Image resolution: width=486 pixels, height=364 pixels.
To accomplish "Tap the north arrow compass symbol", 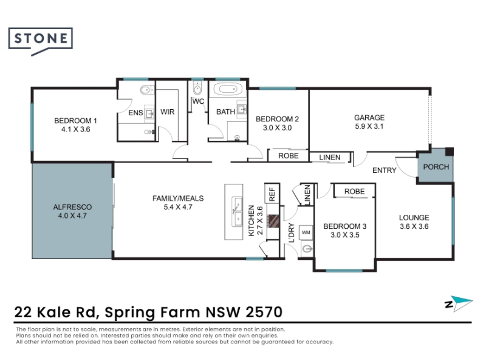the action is click(x=459, y=303).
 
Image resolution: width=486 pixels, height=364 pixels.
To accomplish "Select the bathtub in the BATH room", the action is click(x=227, y=89).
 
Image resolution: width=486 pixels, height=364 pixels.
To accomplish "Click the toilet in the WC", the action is click(x=197, y=88).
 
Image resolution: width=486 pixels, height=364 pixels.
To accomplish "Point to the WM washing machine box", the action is click(x=306, y=232).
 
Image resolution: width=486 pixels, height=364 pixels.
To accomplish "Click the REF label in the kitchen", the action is click(x=272, y=194).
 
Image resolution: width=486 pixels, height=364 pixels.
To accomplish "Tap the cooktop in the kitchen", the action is click(x=274, y=221).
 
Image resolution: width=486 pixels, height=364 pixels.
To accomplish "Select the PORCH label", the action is click(x=436, y=167).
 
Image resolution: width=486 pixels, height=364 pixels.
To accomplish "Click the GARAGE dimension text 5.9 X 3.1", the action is click(x=369, y=126).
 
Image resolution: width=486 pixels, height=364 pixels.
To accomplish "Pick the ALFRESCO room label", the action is click(x=72, y=207).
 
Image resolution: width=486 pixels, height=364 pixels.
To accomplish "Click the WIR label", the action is click(x=168, y=112).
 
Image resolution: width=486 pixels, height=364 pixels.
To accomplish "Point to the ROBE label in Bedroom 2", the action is click(x=288, y=156).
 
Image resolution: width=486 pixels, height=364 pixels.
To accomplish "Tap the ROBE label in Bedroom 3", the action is click(x=354, y=192).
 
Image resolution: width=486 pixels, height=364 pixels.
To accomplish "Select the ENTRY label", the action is click(x=385, y=170).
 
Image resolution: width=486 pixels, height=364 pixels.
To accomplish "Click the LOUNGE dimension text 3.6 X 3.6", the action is click(x=414, y=226).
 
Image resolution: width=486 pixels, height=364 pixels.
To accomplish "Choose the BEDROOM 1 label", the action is click(x=75, y=121).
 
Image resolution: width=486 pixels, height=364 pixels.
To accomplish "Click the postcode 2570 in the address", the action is click(x=264, y=312).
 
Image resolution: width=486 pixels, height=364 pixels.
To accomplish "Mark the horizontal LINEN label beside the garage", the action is click(x=329, y=158).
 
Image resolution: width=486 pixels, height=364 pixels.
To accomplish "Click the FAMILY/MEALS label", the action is click(x=178, y=198).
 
